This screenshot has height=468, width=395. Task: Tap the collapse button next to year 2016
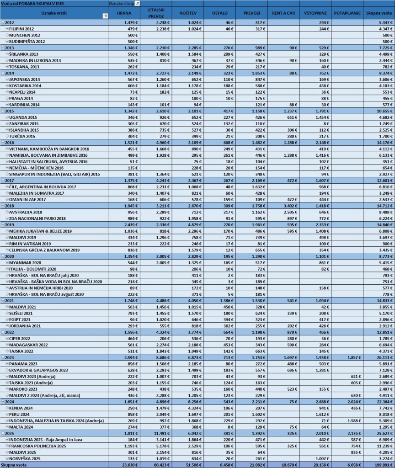coord(3,143)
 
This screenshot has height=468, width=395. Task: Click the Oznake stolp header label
coord(123,4)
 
